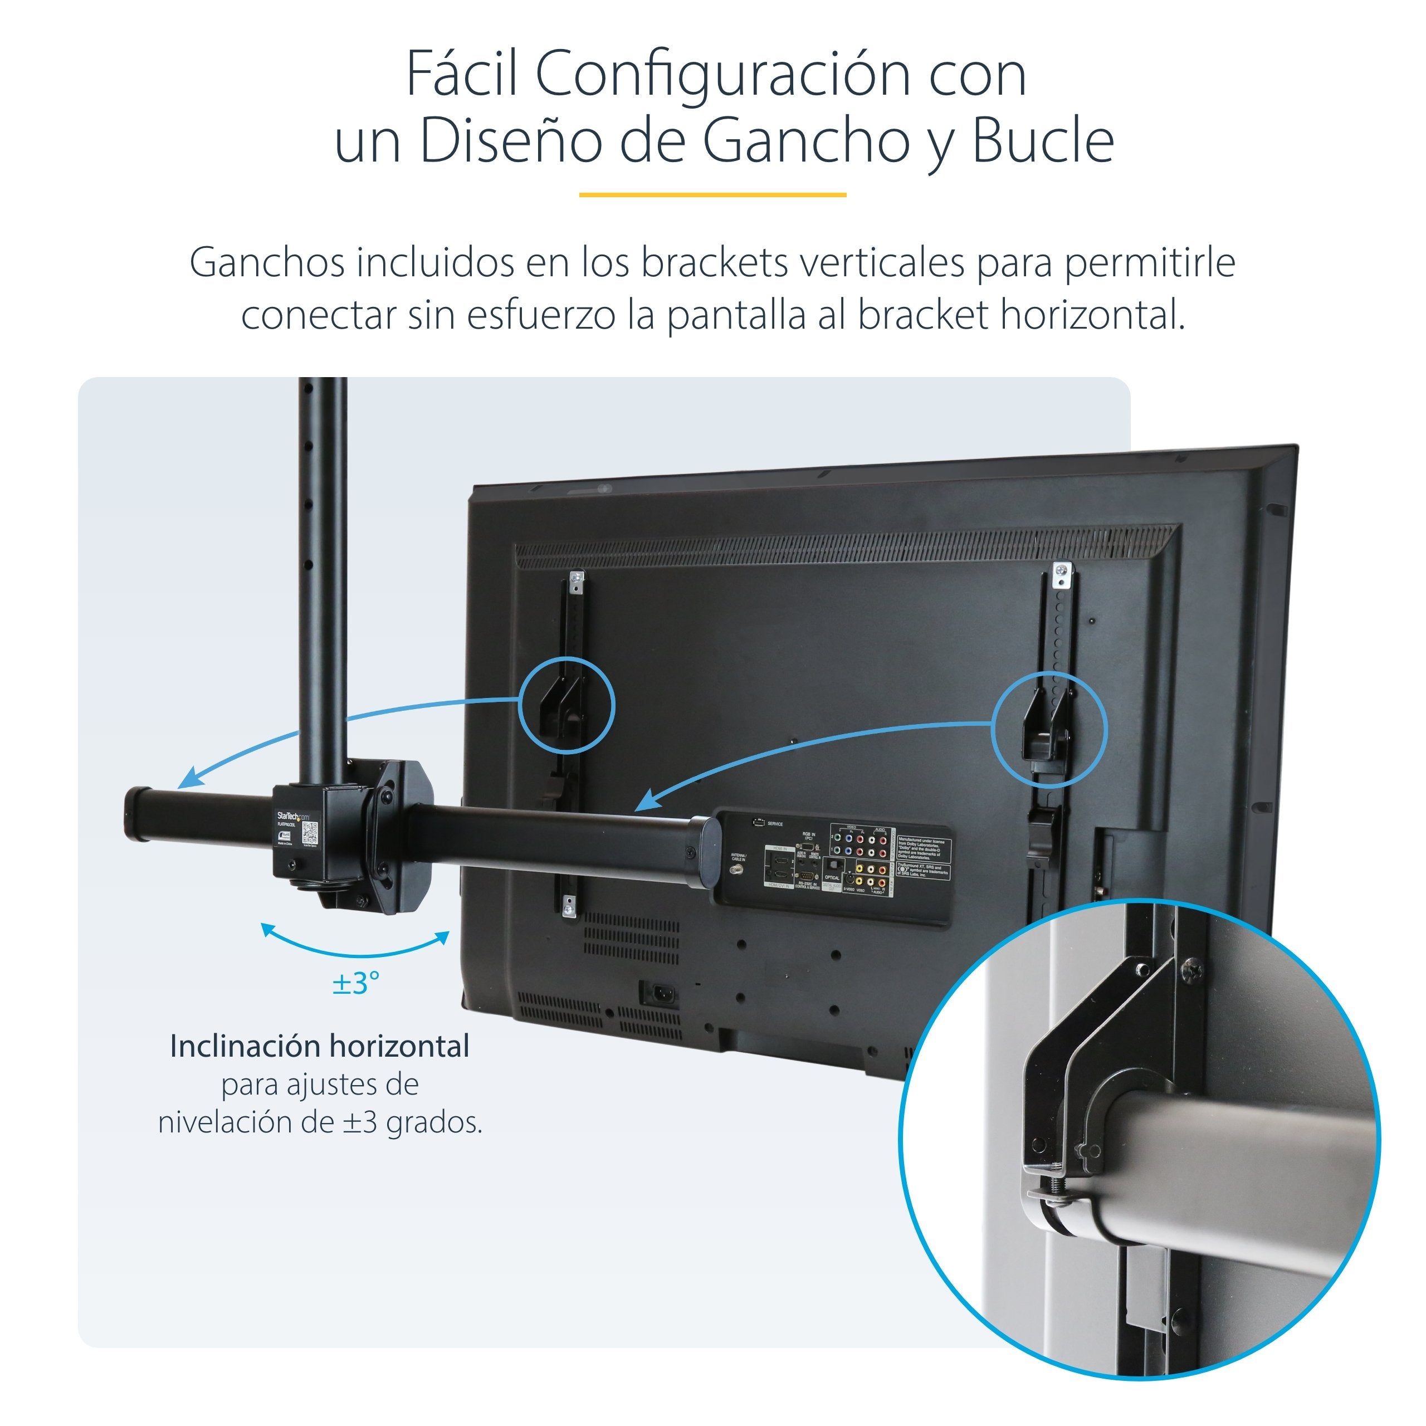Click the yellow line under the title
[712, 195]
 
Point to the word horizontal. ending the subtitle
[1092, 316]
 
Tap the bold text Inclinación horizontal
[320, 1046]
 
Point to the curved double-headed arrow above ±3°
[355, 948]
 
